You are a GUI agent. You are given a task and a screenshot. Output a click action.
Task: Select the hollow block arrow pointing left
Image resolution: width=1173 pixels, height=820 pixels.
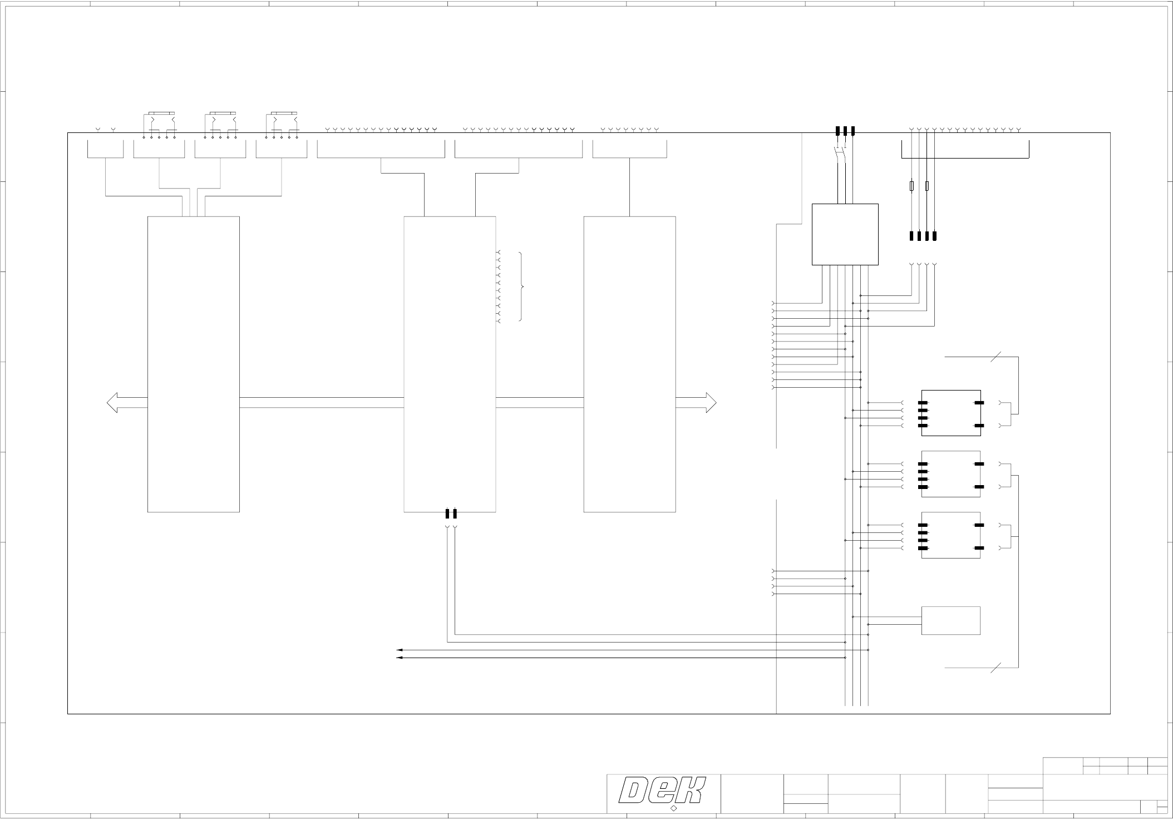[126, 403]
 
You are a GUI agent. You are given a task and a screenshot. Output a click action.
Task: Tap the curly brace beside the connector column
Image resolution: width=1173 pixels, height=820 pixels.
[521, 287]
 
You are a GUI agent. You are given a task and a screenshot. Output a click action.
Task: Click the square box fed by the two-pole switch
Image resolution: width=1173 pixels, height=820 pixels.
[845, 234]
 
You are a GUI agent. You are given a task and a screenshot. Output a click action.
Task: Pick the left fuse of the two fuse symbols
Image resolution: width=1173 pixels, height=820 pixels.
[911, 186]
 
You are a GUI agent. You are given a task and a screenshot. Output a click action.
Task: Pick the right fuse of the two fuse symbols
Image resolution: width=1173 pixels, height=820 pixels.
[927, 186]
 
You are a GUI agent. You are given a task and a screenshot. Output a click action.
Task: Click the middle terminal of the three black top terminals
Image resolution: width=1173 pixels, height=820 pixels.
[845, 131]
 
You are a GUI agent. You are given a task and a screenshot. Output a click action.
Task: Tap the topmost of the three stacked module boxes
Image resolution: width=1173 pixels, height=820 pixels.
[950, 413]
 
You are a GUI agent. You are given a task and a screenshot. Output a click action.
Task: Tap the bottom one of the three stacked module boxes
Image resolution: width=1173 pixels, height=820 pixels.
[950, 535]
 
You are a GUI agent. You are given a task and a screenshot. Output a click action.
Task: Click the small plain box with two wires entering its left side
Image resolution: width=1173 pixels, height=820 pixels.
[950, 620]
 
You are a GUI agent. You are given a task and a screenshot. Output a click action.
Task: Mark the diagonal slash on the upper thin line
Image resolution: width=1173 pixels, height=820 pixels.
[995, 357]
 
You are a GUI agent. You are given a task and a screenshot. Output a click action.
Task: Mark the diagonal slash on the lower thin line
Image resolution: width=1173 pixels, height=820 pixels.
[995, 667]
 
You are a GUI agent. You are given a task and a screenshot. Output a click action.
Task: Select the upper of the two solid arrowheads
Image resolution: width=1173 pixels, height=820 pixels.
[399, 650]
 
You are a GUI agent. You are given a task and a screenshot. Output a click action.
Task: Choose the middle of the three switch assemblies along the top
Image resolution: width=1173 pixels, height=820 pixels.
[220, 125]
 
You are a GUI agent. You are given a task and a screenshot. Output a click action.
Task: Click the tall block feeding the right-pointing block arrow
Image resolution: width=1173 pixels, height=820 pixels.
[629, 364]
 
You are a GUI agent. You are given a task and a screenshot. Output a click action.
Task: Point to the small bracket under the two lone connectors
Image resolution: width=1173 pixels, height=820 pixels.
[105, 149]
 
